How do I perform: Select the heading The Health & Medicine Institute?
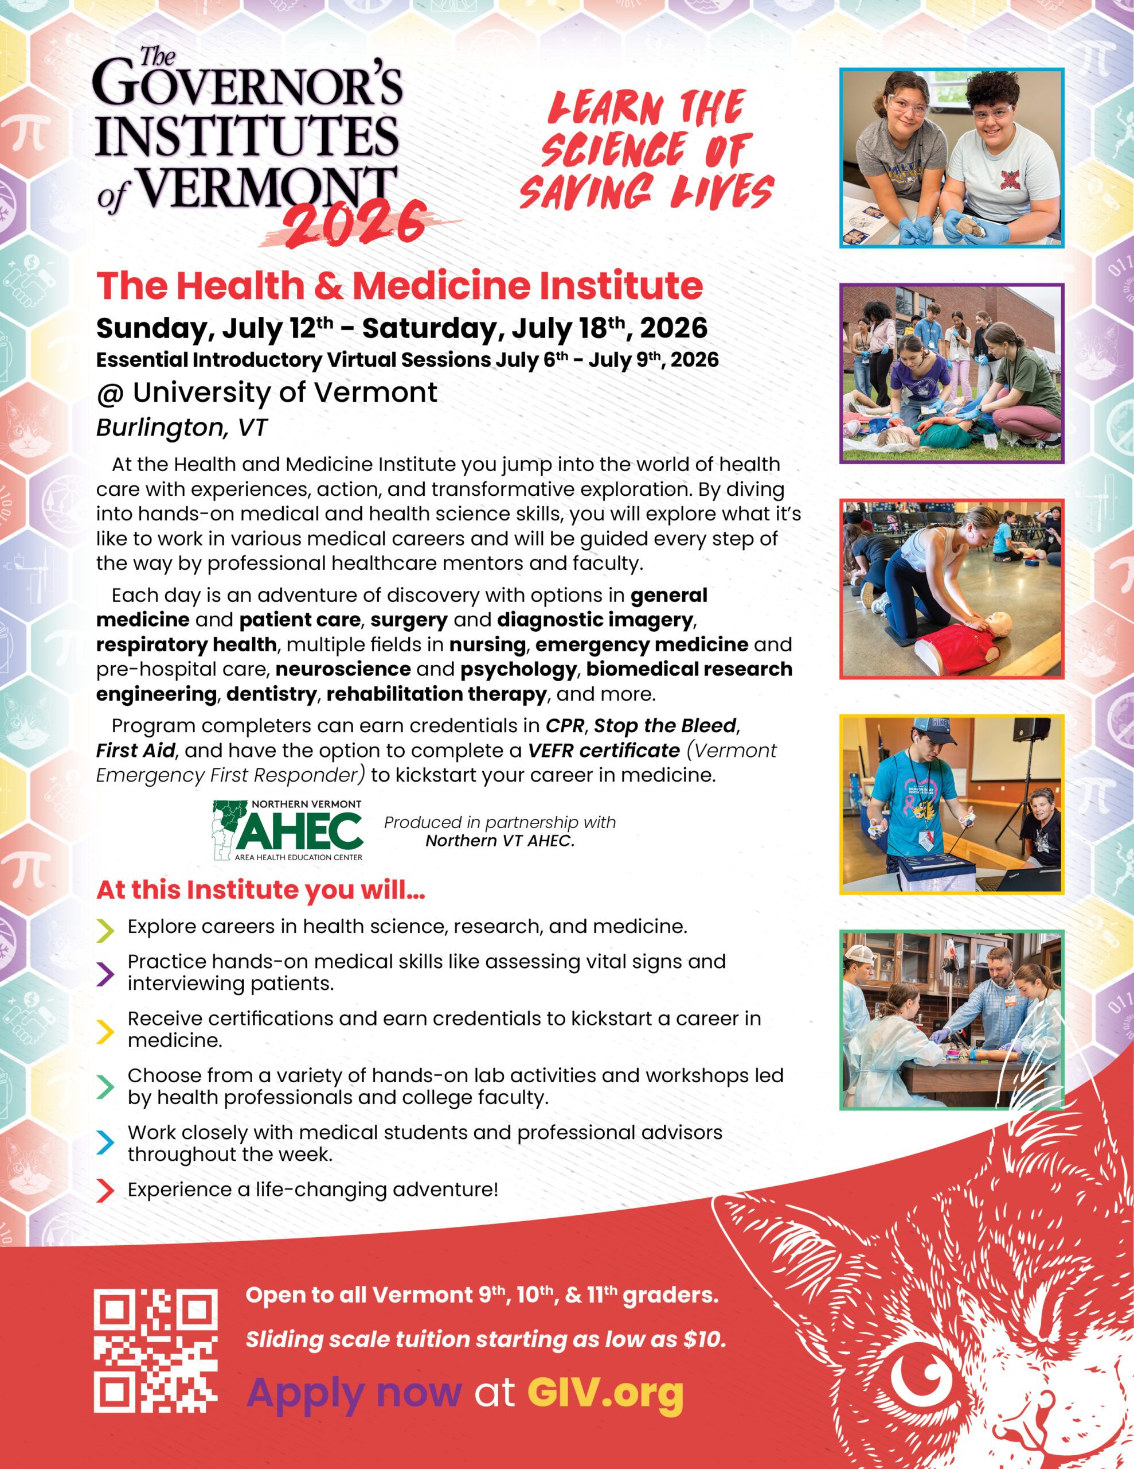click(x=399, y=286)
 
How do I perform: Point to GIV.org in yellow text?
click(x=605, y=1392)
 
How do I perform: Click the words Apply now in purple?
click(x=354, y=1392)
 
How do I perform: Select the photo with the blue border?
click(x=951, y=158)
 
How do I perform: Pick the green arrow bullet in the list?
click(x=105, y=1086)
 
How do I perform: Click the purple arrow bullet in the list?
click(x=105, y=973)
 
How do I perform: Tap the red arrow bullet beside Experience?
click(x=105, y=1190)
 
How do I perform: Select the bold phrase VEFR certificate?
click(x=603, y=751)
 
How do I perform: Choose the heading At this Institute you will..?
click(x=260, y=890)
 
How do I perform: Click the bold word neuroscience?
click(x=343, y=669)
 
